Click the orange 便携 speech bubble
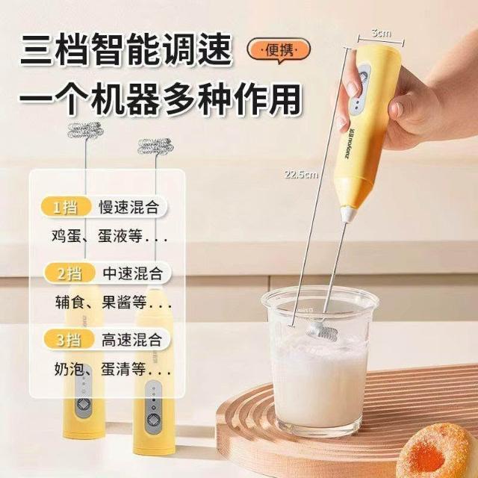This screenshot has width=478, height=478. pyautogui.click(x=279, y=51)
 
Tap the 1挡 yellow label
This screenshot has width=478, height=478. pyautogui.click(x=66, y=208)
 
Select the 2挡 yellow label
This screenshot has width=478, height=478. pyautogui.click(x=69, y=273)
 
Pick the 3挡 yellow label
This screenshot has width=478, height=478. pyautogui.click(x=69, y=340)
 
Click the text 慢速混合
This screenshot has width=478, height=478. pyautogui.click(x=129, y=208)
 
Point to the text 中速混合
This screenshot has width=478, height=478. pyautogui.click(x=133, y=273)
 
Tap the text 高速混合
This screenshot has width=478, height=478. pyautogui.click(x=131, y=340)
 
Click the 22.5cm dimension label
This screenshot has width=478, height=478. pyautogui.click(x=301, y=175)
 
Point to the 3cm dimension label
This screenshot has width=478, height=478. pyautogui.click(x=381, y=33)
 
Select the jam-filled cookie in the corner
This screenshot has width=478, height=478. pyautogui.click(x=438, y=451)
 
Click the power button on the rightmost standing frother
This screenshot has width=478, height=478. pyautogui.click(x=153, y=420)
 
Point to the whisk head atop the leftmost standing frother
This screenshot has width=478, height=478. pyautogui.click(x=84, y=131)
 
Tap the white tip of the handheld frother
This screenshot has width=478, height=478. pyautogui.click(x=349, y=214)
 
